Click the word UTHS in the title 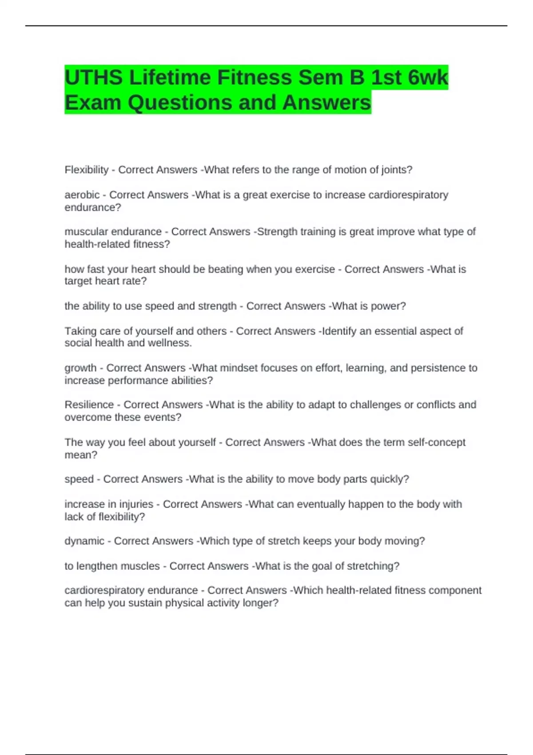click(94, 78)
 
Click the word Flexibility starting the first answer click(87, 170)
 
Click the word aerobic click(82, 195)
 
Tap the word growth click(80, 368)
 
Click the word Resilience click(89, 405)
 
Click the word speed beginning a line click(79, 479)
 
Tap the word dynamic click(84, 541)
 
